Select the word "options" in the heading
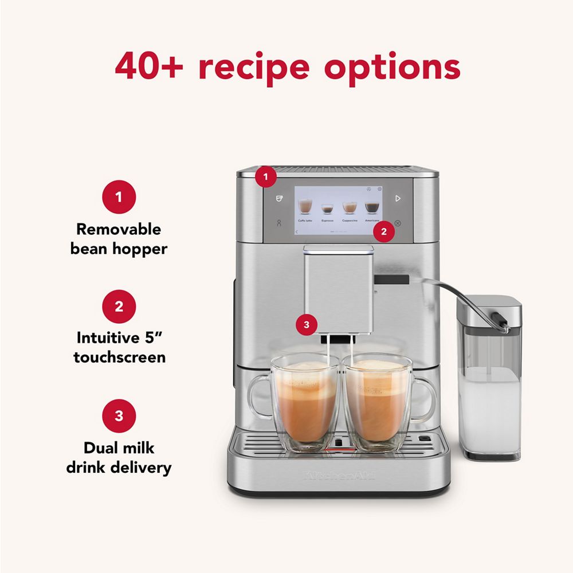(x=393, y=68)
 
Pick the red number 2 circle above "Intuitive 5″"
(x=119, y=306)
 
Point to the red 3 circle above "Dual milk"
(x=119, y=415)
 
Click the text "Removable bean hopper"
(x=119, y=240)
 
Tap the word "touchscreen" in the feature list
(x=119, y=357)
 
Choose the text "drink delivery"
(x=119, y=467)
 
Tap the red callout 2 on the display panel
(x=384, y=231)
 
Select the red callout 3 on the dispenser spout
(x=307, y=325)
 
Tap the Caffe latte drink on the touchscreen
(x=305, y=209)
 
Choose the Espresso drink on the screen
(x=327, y=210)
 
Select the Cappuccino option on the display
(x=350, y=209)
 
